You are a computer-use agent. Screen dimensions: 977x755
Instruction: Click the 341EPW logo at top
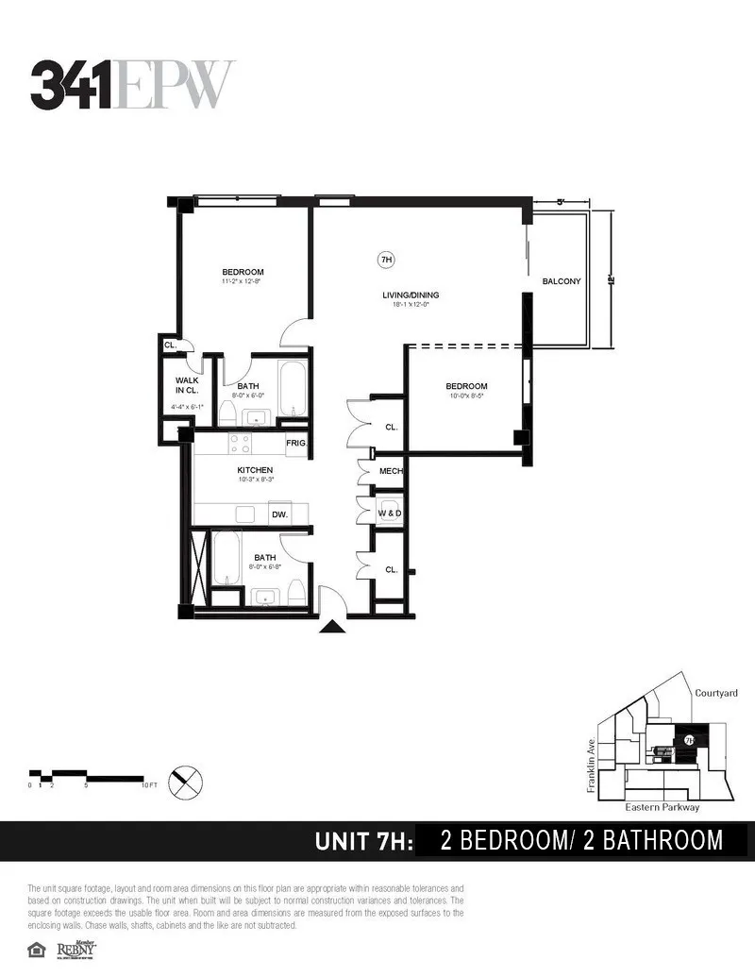click(132, 85)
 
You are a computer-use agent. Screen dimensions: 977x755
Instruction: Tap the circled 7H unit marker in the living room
click(385, 260)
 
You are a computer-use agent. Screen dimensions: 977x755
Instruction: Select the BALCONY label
click(562, 281)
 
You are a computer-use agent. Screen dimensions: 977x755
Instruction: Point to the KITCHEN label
click(255, 470)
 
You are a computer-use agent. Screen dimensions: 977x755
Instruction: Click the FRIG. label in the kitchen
click(297, 444)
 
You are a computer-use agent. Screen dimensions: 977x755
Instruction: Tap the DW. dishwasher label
click(279, 514)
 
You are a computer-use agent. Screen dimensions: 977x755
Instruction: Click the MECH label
click(391, 471)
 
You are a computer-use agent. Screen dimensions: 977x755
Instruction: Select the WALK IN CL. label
click(186, 385)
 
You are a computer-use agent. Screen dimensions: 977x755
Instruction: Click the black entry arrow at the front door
click(331, 626)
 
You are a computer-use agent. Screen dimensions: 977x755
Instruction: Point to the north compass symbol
click(185, 781)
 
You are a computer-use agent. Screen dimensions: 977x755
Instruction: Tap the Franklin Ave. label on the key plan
click(592, 765)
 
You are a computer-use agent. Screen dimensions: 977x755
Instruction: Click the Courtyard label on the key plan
click(715, 693)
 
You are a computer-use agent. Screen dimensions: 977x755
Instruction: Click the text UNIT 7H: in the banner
click(363, 840)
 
